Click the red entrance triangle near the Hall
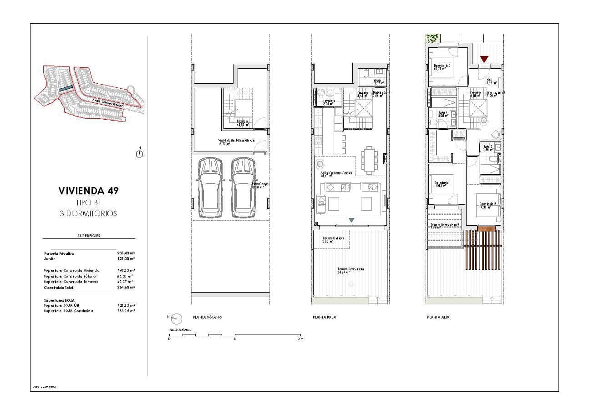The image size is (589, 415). [x=484, y=59]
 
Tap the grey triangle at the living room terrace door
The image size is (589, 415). [x=351, y=221]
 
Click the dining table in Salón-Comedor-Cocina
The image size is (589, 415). [x=369, y=160]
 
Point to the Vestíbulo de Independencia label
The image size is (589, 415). [x=236, y=142]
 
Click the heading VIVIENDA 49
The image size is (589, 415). [x=88, y=191]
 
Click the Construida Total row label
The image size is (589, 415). [x=59, y=288]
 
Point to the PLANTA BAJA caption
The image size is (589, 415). [x=324, y=317]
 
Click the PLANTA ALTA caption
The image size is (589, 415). [x=438, y=317]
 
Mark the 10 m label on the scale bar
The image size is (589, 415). [x=299, y=339]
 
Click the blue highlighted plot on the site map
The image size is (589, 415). [x=66, y=89]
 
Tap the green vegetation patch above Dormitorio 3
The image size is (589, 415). [x=432, y=39]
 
